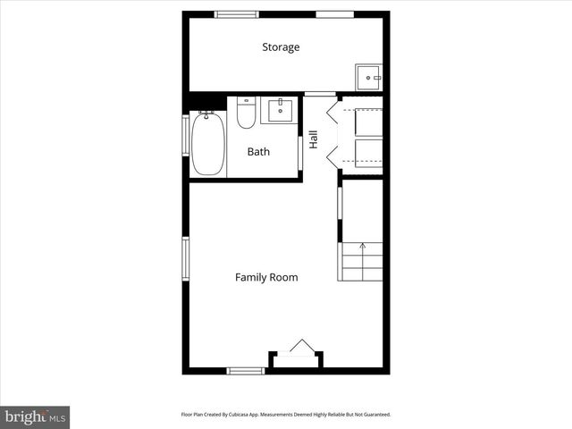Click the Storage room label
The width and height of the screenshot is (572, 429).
(x=281, y=47)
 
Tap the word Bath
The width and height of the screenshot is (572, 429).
(x=258, y=152)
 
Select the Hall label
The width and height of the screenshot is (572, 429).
(x=313, y=139)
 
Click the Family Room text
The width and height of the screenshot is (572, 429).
(x=266, y=278)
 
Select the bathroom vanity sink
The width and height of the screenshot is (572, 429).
(x=277, y=110)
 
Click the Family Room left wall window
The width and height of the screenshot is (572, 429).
(x=186, y=258)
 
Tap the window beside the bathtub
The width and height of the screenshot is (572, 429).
(x=186, y=144)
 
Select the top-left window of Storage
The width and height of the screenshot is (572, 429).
(x=236, y=14)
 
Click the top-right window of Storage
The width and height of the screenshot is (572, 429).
(x=334, y=14)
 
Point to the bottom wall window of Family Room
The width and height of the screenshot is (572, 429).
(x=245, y=370)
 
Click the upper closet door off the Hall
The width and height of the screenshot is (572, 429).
(x=332, y=113)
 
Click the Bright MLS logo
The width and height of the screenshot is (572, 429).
(x=35, y=416)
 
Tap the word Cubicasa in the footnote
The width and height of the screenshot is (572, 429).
(x=252, y=415)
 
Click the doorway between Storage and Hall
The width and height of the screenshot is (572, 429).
(x=319, y=94)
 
